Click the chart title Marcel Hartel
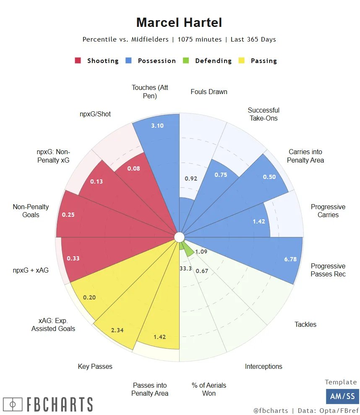pyautogui.click(x=179, y=22)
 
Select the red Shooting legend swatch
pyautogui.click(x=78, y=60)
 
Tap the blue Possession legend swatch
pyautogui.click(x=128, y=60)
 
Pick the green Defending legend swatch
pyautogui.click(x=186, y=60)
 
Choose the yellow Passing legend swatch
pyautogui.click(x=241, y=60)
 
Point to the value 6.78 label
pyautogui.click(x=290, y=259)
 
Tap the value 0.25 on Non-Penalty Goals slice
pyautogui.click(x=68, y=215)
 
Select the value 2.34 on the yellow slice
pyautogui.click(x=117, y=331)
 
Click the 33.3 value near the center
pyautogui.click(x=185, y=268)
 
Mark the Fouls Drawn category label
pyautogui.click(x=209, y=92)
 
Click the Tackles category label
pyautogui.click(x=305, y=324)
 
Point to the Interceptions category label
pyautogui.click(x=263, y=366)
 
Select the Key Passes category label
pyautogui.click(x=95, y=366)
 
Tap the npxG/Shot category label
pyautogui.click(x=95, y=114)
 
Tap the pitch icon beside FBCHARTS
pyautogui.click(x=13, y=404)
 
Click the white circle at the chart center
pyautogui.click(x=179, y=237)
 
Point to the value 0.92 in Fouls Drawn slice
pyautogui.click(x=191, y=179)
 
